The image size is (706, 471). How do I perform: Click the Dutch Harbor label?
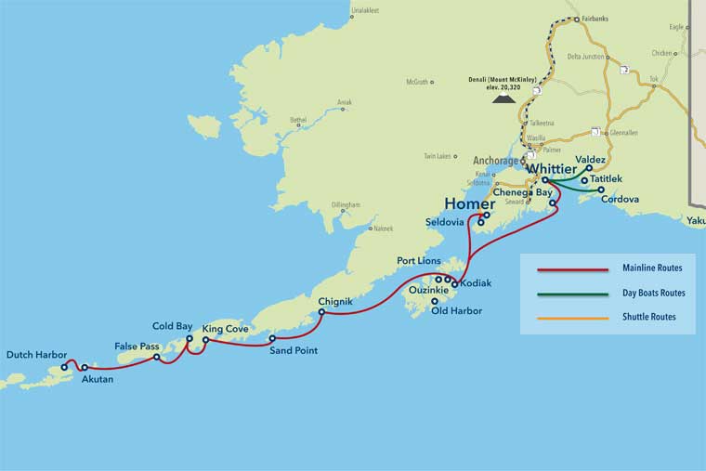[36, 354]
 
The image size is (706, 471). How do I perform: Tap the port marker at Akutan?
[85, 367]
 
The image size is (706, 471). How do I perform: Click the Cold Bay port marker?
[190, 339]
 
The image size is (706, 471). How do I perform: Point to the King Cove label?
[225, 329]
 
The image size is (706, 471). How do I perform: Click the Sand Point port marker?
[272, 338]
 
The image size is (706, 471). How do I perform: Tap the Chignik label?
[334, 301]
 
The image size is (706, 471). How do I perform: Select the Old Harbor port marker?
[435, 301]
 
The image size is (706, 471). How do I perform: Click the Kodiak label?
[476, 282]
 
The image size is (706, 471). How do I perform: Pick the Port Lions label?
[419, 261]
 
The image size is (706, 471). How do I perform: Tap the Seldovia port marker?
[480, 222]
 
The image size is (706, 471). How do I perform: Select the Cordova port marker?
[601, 190]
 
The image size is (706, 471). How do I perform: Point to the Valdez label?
[591, 160]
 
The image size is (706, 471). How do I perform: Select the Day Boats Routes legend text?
[654, 293]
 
